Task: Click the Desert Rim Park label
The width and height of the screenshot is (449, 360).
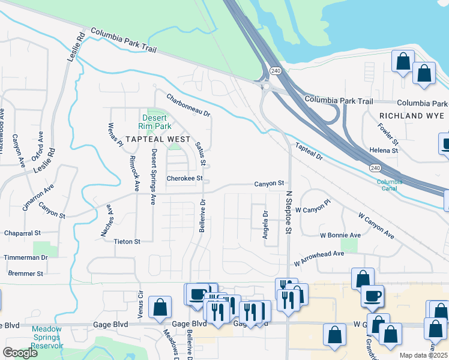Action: coord(156,122)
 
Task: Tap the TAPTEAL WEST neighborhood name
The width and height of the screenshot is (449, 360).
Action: coord(157,139)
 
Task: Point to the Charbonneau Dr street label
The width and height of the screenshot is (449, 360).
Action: coord(188,105)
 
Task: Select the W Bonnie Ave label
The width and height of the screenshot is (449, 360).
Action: coord(340,235)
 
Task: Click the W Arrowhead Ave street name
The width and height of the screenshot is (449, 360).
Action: coord(319,258)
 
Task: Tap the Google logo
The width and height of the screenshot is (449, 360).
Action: coord(20,353)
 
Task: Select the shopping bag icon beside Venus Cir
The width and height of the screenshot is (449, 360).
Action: coord(160,308)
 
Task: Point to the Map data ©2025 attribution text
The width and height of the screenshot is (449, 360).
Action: coord(423,355)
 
